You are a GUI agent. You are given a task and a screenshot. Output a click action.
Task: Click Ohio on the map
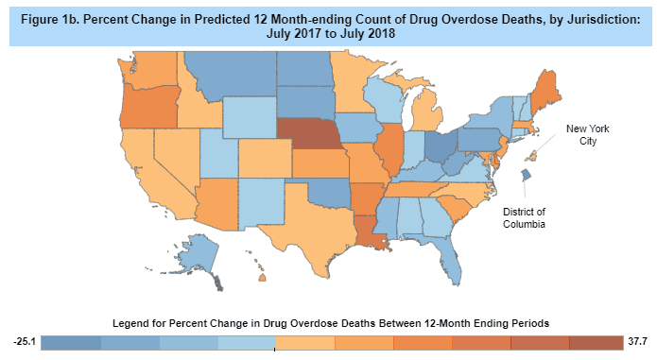click(441, 146)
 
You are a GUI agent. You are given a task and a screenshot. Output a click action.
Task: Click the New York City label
click(587, 135)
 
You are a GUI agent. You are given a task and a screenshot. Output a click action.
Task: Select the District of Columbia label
click(524, 218)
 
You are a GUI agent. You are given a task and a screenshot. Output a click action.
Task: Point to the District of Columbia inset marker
click(526, 175)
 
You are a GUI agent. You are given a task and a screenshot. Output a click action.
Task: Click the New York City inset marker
click(531, 156)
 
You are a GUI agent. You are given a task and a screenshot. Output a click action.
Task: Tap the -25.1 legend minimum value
click(25, 342)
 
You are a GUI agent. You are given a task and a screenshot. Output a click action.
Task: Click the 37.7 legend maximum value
click(637, 342)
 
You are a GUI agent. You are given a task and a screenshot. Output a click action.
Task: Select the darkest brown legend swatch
click(596, 343)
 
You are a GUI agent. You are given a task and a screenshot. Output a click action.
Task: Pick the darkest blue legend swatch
click(71, 343)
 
